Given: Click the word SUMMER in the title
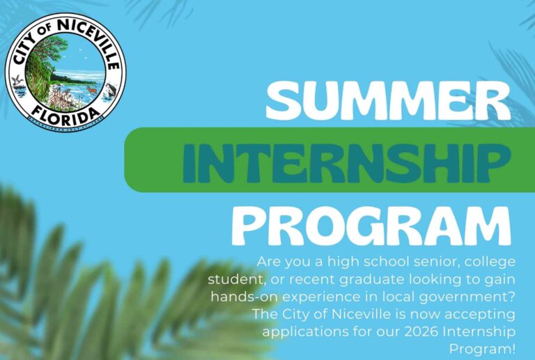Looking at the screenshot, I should tap(387, 102).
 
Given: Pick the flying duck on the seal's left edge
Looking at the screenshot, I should tap(18, 81).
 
